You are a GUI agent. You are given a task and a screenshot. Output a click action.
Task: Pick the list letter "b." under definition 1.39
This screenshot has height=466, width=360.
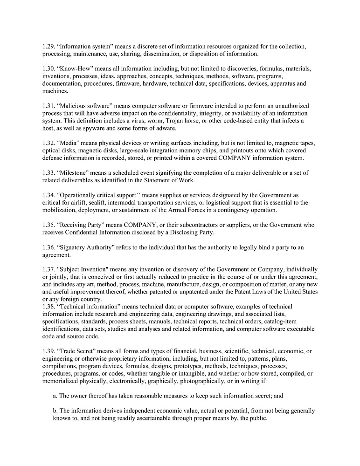point(55,411)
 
